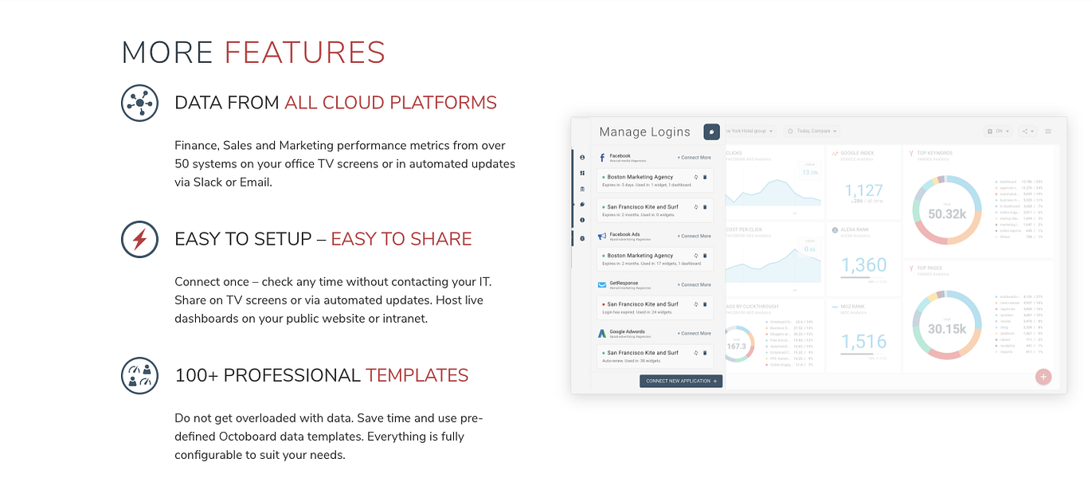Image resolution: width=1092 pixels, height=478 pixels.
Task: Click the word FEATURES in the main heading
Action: (304, 53)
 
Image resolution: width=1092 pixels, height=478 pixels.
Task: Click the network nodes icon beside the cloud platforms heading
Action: (139, 103)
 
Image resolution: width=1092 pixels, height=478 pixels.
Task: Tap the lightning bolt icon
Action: (139, 239)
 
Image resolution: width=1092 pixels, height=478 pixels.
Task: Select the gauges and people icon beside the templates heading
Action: (139, 375)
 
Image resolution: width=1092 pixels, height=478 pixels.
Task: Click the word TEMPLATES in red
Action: (417, 375)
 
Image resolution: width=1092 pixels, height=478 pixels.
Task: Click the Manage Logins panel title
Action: (644, 132)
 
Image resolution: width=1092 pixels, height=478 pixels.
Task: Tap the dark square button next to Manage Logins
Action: (711, 132)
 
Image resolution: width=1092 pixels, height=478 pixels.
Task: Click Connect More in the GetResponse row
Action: (694, 284)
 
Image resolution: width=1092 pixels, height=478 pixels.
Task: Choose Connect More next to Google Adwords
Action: (694, 333)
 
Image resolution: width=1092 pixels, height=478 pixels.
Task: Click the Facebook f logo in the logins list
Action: (602, 158)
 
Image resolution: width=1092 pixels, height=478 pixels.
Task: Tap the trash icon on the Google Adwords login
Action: (705, 352)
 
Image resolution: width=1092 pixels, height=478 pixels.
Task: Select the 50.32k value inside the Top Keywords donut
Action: (946, 214)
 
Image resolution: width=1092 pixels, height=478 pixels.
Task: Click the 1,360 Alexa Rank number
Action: (864, 265)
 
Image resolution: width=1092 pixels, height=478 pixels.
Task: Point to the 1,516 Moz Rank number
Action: (864, 342)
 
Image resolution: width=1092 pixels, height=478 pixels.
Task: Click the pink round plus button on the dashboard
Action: (1043, 377)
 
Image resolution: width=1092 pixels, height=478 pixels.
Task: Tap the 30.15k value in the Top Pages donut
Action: (946, 329)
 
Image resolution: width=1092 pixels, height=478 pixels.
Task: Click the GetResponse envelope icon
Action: (602, 284)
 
